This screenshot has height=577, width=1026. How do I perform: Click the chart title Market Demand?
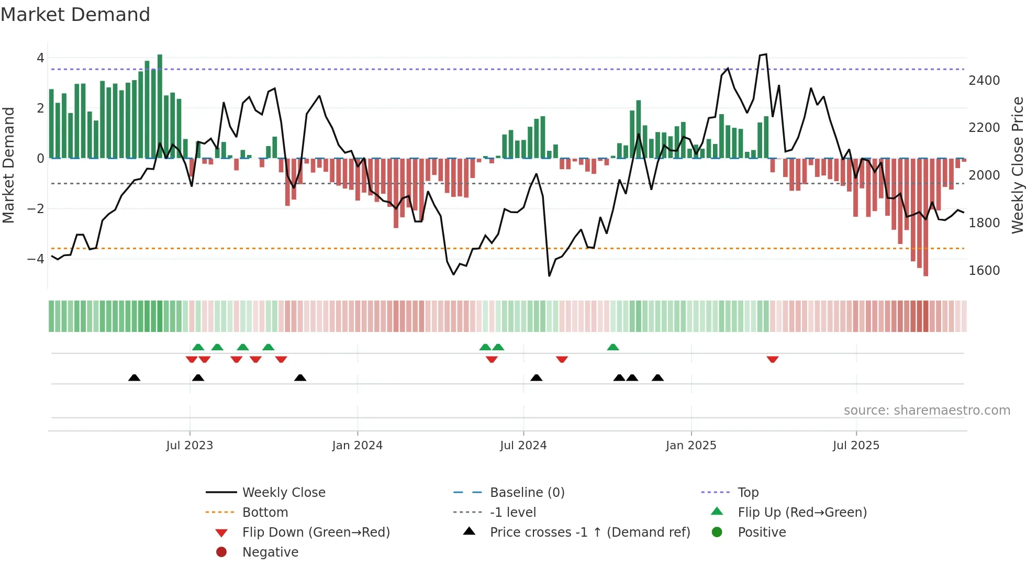[75, 15]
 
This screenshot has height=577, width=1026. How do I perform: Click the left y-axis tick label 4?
[40, 58]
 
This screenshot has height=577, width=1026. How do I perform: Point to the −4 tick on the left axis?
[36, 259]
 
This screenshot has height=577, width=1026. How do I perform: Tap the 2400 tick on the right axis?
[984, 81]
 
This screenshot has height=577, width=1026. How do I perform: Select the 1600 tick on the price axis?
[984, 271]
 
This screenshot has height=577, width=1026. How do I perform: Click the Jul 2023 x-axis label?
[189, 446]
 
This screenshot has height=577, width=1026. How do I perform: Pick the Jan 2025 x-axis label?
[690, 446]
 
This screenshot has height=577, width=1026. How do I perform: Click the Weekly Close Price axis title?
[1017, 165]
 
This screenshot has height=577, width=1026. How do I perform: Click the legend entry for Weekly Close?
[283, 493]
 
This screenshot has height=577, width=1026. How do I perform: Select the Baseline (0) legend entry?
[527, 493]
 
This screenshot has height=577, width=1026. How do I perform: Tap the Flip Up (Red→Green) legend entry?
[802, 513]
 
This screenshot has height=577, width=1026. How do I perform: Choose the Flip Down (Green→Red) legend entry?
[316, 532]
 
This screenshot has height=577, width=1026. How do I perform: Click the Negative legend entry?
[270, 552]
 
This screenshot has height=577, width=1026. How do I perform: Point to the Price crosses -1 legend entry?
[589, 532]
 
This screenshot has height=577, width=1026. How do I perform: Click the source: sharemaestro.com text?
[927, 410]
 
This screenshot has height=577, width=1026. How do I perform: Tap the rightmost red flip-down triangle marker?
[772, 359]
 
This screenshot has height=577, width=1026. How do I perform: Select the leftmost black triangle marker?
[135, 378]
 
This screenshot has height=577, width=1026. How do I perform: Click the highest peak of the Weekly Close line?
[766, 54]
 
